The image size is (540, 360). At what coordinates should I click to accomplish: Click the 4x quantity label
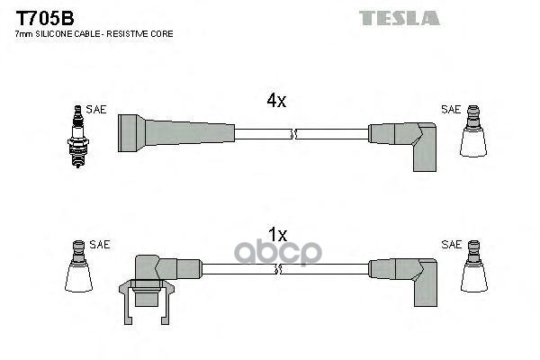275,101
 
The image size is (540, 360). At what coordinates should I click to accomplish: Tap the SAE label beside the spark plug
96,110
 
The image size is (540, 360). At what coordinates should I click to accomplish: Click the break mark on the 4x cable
292,134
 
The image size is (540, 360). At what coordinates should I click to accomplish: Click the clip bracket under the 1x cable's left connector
145,297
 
